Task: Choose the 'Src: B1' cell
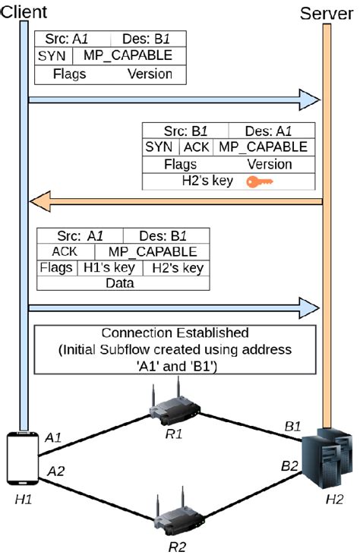185,130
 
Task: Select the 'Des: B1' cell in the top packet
147,39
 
